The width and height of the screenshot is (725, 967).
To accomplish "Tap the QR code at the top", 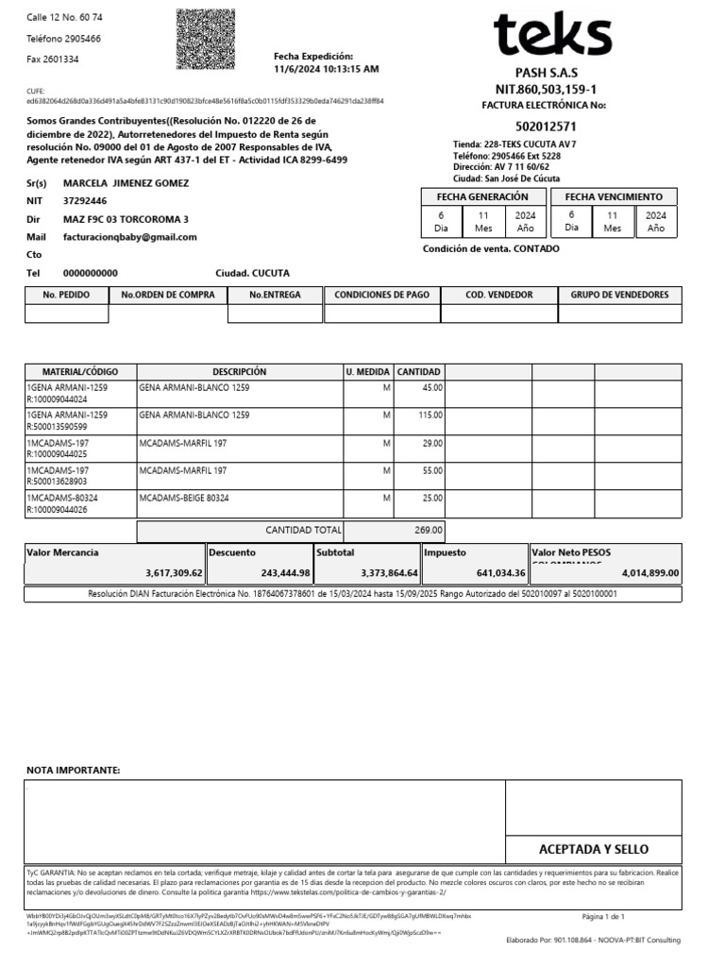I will tap(206, 40).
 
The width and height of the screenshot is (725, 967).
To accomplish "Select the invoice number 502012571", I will tap(547, 127).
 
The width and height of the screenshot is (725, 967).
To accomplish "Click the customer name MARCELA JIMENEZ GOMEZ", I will tap(126, 183).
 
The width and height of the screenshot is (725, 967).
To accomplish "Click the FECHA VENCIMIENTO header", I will tap(614, 196).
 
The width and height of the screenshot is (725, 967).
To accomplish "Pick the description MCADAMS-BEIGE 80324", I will tap(184, 497).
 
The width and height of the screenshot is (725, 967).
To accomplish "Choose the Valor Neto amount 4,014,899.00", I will tap(649, 572).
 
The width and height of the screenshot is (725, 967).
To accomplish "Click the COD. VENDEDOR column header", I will tap(499, 295).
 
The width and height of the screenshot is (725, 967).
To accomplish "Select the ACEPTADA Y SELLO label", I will tap(593, 849).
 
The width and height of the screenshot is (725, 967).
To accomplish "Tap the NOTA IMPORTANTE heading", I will tap(73, 771).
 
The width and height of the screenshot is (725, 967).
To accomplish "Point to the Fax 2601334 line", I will tap(52, 59).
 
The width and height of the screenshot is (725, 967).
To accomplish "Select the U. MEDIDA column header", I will tap(367, 372).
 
